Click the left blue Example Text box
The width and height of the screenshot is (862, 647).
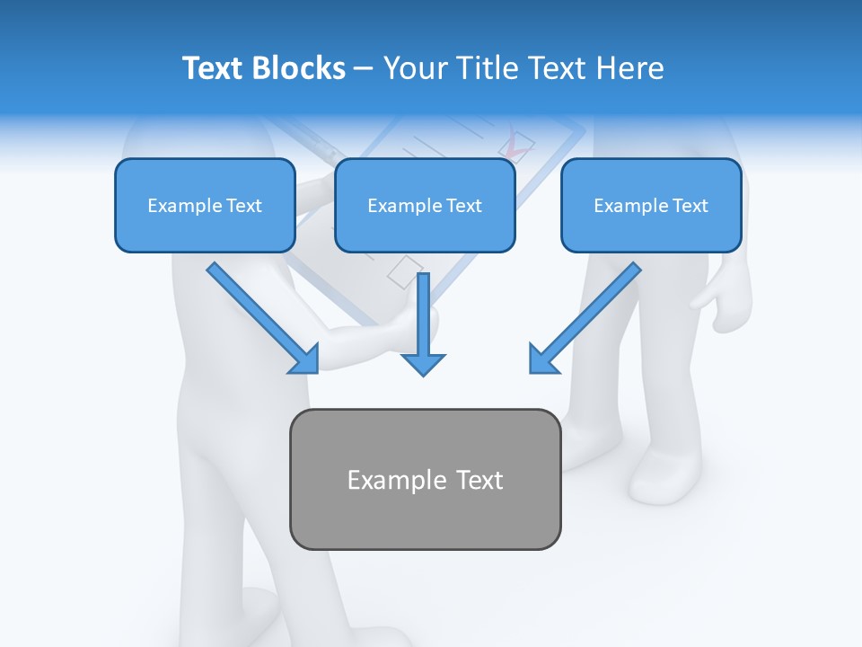[x=205, y=206]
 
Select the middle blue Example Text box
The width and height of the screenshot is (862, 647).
[x=425, y=206]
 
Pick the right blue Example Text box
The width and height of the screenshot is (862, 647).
[x=651, y=206]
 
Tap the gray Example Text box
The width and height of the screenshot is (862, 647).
[x=425, y=480]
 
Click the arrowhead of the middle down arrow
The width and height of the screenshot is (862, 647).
[x=424, y=363]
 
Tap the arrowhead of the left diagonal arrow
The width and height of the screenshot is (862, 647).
[x=306, y=360]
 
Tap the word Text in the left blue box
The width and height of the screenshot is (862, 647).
[x=244, y=206]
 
